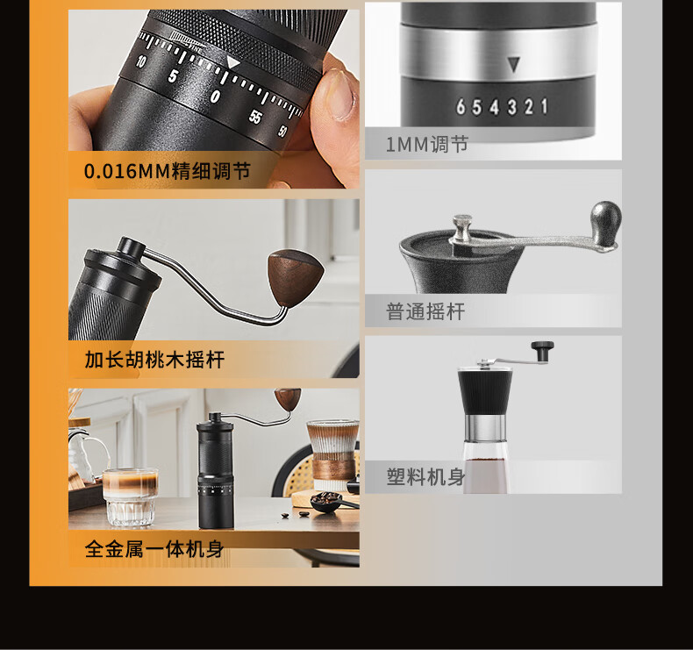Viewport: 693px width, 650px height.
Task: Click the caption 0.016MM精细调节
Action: point(167,171)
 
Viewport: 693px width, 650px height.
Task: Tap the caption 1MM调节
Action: point(427,144)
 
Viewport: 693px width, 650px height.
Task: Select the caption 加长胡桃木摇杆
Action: point(154,360)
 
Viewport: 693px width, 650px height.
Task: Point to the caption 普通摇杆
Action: point(425,311)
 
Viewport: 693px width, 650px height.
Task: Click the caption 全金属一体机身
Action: point(154,549)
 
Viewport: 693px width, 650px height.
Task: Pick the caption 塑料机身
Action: point(426,477)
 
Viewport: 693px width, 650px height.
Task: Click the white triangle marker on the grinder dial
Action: point(232,62)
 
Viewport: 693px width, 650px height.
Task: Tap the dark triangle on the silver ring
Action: point(513,65)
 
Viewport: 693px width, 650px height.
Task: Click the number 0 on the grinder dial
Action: point(215,96)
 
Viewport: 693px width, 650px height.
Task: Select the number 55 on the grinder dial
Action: point(255,117)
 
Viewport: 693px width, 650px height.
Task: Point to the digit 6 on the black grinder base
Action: point(461,107)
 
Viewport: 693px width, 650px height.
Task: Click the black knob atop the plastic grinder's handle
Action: point(542,351)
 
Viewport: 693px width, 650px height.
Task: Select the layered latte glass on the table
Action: point(130,497)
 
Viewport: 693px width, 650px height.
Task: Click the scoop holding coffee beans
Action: point(329,502)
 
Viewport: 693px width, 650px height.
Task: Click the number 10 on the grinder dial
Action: point(140,61)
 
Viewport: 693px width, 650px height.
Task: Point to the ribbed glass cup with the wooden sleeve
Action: point(332,455)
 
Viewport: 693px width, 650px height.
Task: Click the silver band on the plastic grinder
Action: point(485,428)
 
